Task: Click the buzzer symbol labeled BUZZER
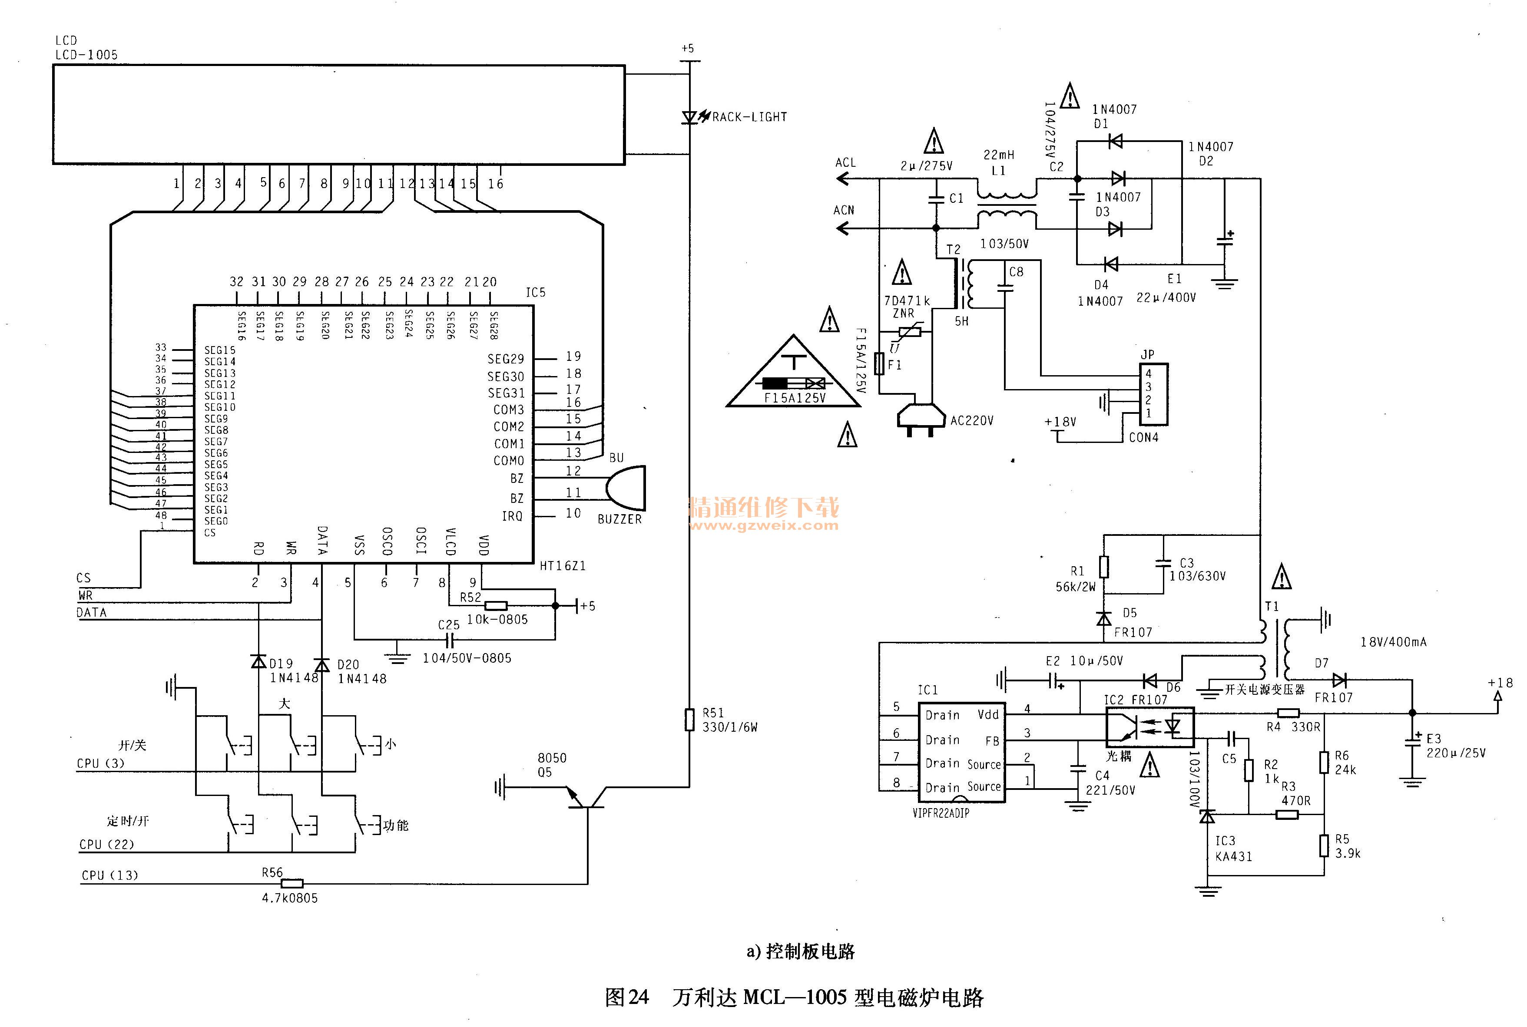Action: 626,488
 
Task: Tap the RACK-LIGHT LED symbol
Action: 689,118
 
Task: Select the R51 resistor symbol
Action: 689,719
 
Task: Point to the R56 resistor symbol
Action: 291,884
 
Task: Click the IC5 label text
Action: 535,292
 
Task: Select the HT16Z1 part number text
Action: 563,566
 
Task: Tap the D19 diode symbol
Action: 259,661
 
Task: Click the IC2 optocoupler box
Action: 1149,727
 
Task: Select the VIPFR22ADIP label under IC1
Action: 941,813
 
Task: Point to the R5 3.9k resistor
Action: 1324,845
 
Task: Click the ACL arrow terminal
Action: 844,178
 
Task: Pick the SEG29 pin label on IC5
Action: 505,359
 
